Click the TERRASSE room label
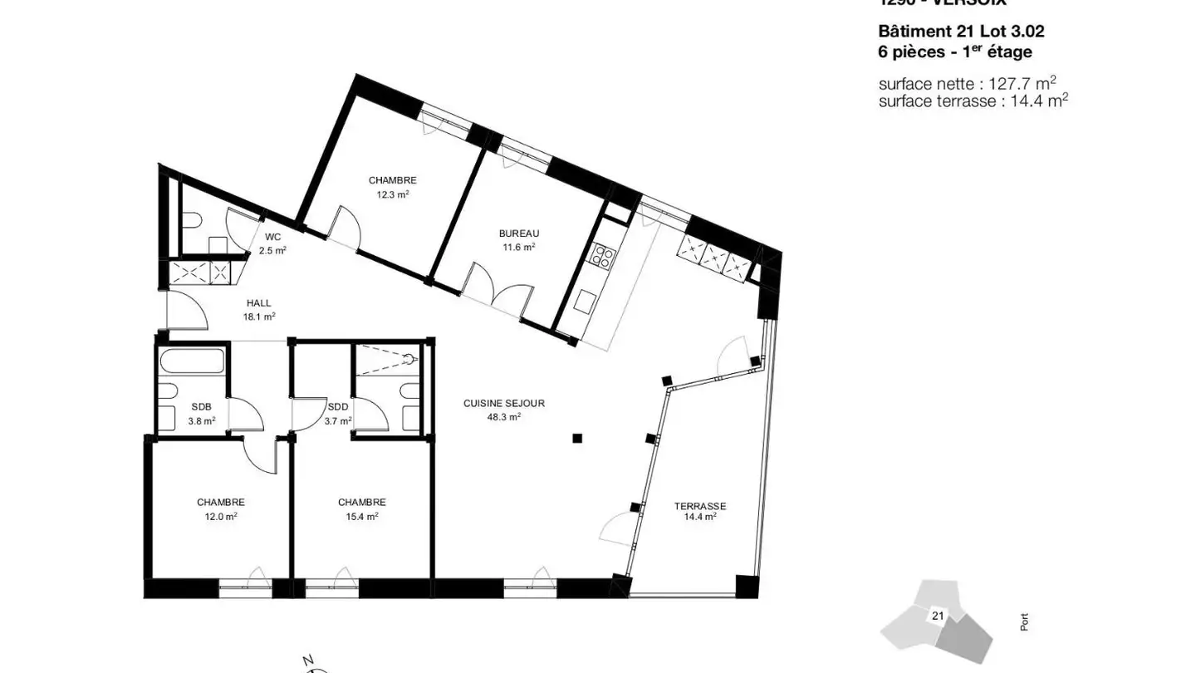pos(700,506)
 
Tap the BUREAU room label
pos(519,233)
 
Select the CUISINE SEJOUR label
pos(504,404)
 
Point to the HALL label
pos(259,303)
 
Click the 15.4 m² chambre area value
pos(361,516)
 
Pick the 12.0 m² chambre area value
pos(220,516)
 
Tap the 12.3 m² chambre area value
pos(392,194)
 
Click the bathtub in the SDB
pos(194,362)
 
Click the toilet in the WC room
pos(191,221)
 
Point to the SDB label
pos(201,407)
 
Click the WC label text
pos(272,237)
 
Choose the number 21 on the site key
pos(938,616)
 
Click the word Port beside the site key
pos(1024,621)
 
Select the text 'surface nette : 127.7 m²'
pos(967,83)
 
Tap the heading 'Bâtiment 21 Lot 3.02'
pos(961,32)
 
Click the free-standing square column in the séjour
pos(577,438)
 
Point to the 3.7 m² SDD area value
pos(338,421)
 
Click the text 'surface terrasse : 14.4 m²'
pos(973,101)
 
